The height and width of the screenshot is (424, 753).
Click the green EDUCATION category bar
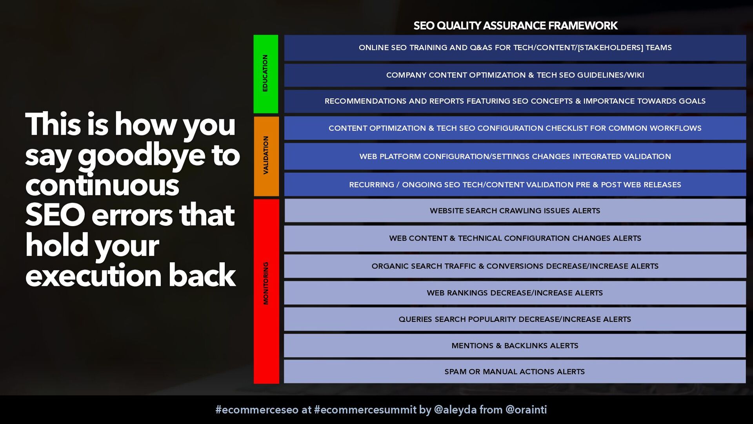(266, 74)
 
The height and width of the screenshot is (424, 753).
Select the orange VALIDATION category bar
(266, 156)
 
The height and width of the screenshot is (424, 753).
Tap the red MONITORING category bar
(266, 291)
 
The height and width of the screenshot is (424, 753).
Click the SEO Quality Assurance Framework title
(515, 26)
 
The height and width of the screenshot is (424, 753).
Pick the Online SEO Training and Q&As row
(515, 48)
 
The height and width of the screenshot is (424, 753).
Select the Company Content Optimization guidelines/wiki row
(515, 75)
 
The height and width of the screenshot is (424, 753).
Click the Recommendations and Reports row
(515, 101)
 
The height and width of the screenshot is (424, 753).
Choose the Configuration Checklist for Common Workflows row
(515, 128)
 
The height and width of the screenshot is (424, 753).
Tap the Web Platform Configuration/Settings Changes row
(515, 156)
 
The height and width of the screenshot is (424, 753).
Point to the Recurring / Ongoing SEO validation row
(515, 185)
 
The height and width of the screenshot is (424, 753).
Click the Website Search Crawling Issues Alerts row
(515, 210)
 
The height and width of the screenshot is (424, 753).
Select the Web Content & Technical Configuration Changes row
(515, 238)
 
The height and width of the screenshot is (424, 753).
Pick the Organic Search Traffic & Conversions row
(515, 266)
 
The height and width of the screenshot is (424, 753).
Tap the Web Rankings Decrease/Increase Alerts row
(515, 293)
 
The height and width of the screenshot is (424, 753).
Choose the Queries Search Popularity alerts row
(515, 319)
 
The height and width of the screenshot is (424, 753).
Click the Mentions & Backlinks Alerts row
(515, 345)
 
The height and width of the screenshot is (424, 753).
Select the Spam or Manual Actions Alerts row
(515, 372)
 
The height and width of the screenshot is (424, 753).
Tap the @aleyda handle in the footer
(455, 410)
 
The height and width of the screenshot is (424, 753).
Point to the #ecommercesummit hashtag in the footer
(365, 410)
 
